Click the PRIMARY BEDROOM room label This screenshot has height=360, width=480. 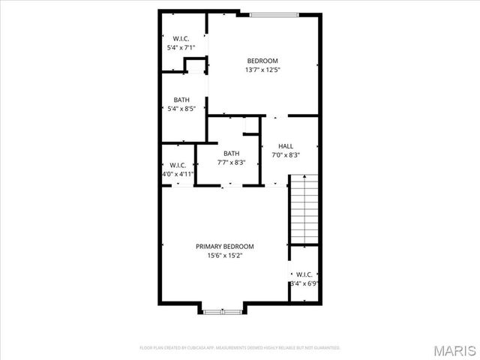pyautogui.click(x=225, y=246)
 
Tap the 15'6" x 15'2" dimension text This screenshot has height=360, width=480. pyautogui.click(x=225, y=255)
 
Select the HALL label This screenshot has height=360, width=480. pyautogui.click(x=286, y=146)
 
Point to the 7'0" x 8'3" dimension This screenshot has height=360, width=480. pyautogui.click(x=286, y=155)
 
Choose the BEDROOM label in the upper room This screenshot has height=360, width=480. pyautogui.click(x=262, y=61)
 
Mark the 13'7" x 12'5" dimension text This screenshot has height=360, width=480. pyautogui.click(x=262, y=70)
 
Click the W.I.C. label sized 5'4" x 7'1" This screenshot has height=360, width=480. pyautogui.click(x=181, y=38)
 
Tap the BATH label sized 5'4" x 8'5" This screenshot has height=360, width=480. pyautogui.click(x=181, y=100)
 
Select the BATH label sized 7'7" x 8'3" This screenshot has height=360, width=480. pyautogui.click(x=231, y=154)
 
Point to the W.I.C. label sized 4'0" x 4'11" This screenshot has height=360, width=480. pyautogui.click(x=178, y=165)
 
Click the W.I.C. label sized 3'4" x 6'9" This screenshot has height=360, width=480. pyautogui.click(x=304, y=274)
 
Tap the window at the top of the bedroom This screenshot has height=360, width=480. pyautogui.click(x=274, y=13)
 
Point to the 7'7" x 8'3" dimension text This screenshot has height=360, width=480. pyautogui.click(x=231, y=163)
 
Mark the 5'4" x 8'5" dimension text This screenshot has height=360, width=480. pyautogui.click(x=181, y=109)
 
